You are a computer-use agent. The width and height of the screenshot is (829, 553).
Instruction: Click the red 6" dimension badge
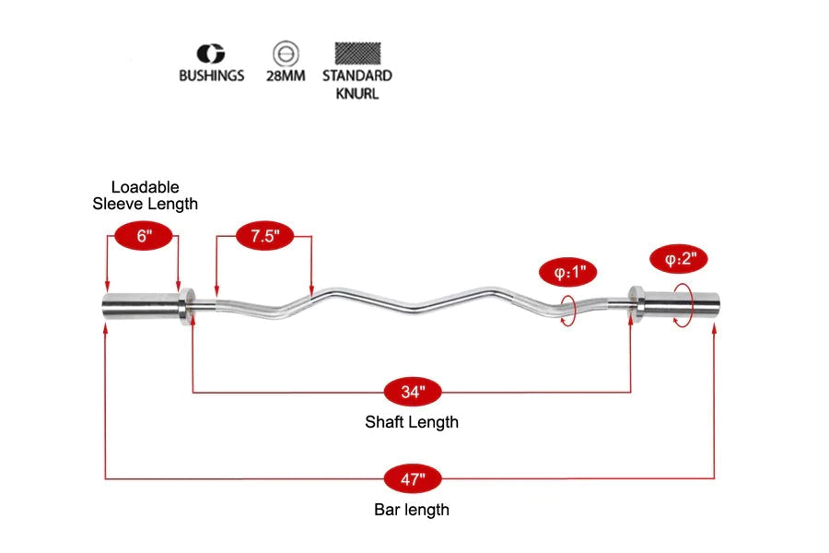pos(144,236)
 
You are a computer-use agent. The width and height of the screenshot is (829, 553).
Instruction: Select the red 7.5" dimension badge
pos(264,236)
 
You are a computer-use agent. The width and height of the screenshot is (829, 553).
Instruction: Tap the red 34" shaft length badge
pos(413,392)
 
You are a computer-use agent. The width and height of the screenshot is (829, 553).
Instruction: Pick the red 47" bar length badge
pos(413,479)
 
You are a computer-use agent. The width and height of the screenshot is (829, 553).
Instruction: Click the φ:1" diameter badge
pos(568,273)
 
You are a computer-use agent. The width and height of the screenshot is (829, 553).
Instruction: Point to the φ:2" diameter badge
pos(679,259)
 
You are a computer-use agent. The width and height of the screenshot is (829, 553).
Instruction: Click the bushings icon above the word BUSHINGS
pos(211,53)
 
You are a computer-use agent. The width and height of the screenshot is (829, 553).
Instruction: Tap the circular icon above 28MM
pos(286,54)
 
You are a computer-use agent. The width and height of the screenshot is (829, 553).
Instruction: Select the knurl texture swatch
pos(357,53)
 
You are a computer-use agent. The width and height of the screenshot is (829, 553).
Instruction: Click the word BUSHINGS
pos(212,76)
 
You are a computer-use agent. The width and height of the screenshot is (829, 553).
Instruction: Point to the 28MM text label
pos(286,76)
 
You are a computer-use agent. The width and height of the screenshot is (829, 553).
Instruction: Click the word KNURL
pos(357,94)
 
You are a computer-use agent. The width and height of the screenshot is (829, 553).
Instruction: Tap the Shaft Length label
pos(412,422)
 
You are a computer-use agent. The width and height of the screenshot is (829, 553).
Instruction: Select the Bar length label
pos(412,510)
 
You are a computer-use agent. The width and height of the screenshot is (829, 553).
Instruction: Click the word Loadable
pos(145,187)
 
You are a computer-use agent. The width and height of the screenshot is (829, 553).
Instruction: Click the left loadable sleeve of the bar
pos(141,306)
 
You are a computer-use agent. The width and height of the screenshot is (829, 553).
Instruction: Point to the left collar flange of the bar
pos(187,306)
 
